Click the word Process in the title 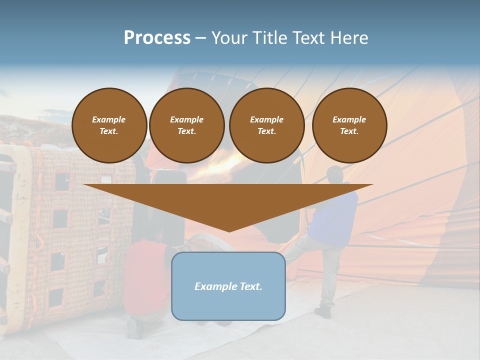tap(157, 38)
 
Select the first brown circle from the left tap(109, 125)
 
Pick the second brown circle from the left tap(186, 125)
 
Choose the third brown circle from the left tap(266, 125)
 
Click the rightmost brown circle tap(349, 125)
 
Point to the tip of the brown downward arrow tap(228, 231)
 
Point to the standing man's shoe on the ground tap(323, 312)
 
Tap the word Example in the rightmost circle tap(349, 119)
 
